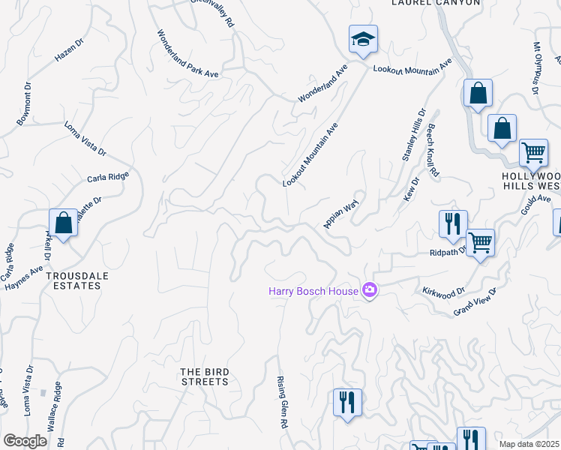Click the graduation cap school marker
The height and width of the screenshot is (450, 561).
point(363,40)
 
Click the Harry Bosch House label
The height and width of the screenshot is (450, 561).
point(313,291)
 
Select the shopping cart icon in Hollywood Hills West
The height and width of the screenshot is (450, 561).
point(533,152)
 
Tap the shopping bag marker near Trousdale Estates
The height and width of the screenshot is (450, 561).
point(64,223)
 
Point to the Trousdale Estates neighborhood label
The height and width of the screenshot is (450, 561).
point(73,280)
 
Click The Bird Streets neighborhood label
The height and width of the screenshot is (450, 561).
point(204,376)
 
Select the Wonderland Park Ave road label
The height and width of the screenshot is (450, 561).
point(187,54)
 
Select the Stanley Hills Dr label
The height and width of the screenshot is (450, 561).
point(413,133)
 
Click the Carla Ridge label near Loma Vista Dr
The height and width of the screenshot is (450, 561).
point(108,177)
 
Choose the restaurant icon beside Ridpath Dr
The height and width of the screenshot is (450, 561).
point(453,224)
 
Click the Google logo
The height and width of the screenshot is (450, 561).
point(26,441)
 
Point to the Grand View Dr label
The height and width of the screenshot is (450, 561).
point(475,301)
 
